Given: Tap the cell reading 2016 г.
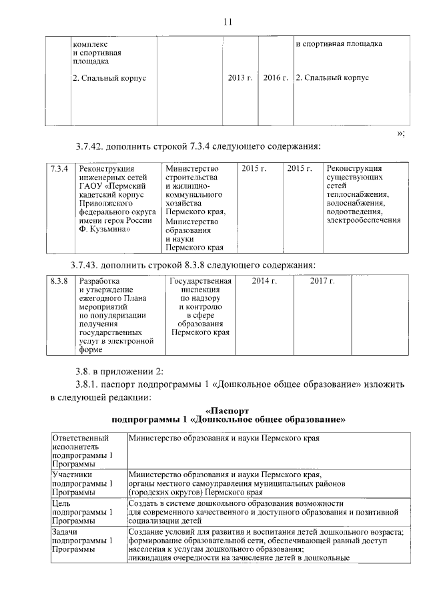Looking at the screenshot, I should coord(276,78).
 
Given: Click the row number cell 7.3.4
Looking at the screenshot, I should coord(60,168).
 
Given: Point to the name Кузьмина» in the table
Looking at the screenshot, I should coord(107,228).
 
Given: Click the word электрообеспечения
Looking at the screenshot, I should coord(364,220).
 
